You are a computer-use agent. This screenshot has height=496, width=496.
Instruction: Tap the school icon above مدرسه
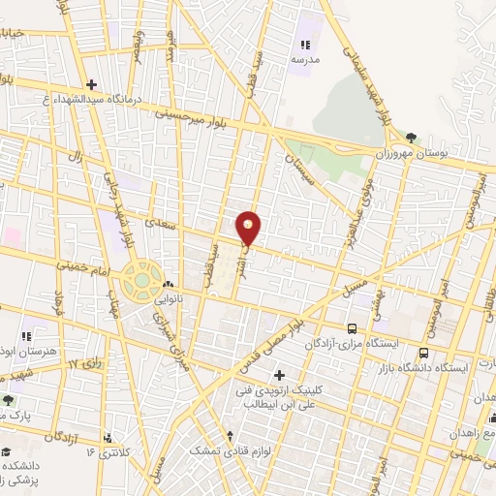point(305,44)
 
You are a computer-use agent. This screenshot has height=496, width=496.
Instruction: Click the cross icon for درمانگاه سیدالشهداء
point(91,83)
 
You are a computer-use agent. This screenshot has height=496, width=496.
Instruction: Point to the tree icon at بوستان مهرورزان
point(413,137)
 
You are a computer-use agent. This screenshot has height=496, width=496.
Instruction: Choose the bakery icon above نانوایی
point(170,285)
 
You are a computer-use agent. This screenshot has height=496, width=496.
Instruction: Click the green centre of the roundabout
point(142,282)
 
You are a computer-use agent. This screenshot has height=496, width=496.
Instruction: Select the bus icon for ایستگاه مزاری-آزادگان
point(352,328)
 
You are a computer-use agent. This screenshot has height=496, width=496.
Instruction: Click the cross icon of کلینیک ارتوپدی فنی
point(280,374)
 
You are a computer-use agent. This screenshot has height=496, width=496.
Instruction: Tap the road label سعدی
point(156,222)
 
